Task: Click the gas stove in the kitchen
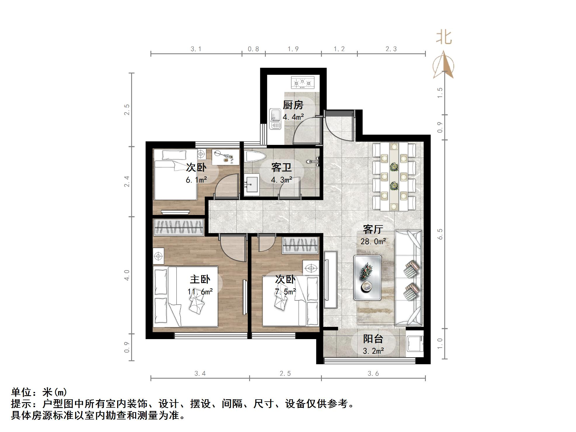coord(303,83)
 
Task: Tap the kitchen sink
coord(275,119)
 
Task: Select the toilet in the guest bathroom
coord(255,156)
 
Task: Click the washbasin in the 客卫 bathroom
coord(251,185)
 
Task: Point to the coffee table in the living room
coord(367,278)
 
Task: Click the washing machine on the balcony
coord(415,343)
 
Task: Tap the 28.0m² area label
coord(373,242)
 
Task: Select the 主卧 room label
coord(200,279)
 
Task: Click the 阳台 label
coord(373,339)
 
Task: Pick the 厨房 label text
coord(293,105)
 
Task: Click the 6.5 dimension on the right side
coord(440,234)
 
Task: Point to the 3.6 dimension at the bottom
coord(373,374)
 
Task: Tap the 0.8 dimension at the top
coord(253,49)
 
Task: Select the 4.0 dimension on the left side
coord(127,275)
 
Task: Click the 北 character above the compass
coord(444,38)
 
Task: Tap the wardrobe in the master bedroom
coord(178,227)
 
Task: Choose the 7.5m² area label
coord(285,292)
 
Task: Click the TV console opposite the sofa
coord(330,280)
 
